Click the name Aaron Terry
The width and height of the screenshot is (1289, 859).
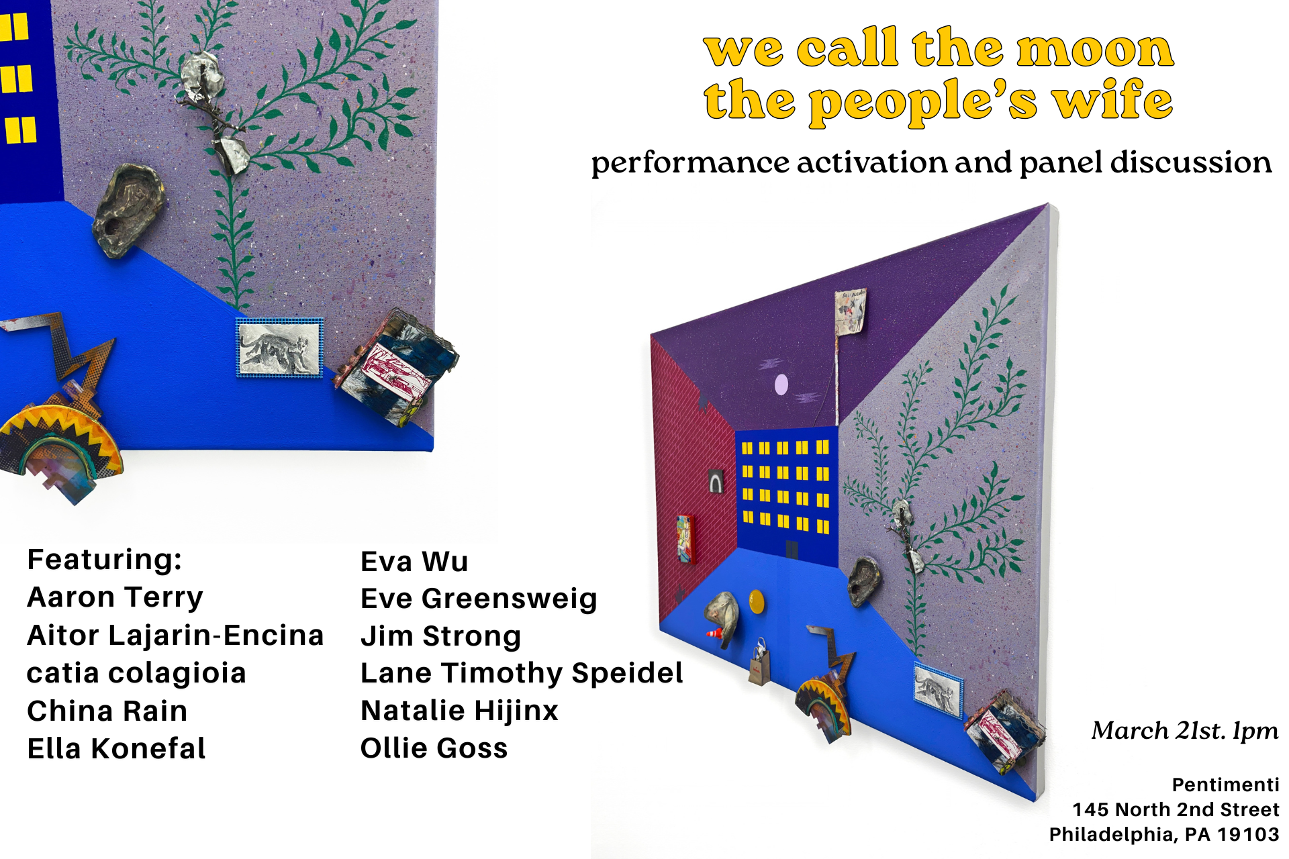coord(115,597)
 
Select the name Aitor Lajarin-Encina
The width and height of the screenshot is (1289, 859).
coord(175,635)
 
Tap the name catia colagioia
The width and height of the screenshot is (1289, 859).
coord(136,673)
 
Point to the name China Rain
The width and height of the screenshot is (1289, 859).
coord(107,711)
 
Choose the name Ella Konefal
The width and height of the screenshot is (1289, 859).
coord(116,748)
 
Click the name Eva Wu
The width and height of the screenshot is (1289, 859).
coord(414,562)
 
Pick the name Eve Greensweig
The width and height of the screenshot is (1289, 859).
coord(479,599)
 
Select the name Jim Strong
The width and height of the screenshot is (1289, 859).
coord(440,636)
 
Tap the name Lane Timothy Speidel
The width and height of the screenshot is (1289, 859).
coord(522,673)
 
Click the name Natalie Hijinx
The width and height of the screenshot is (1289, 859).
coord(459,711)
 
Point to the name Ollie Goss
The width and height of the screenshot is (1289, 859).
coord(434,748)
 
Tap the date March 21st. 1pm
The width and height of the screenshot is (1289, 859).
coord(1185,731)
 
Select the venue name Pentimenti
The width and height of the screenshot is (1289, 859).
coord(1225,785)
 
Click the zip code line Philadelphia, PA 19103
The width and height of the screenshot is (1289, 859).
coord(1164,834)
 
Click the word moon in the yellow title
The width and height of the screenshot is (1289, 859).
coord(1095,48)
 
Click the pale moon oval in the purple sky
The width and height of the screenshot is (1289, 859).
coord(781,385)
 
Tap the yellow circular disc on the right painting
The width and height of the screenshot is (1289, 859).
coord(757,601)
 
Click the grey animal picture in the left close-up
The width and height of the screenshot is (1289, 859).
coord(280,348)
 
